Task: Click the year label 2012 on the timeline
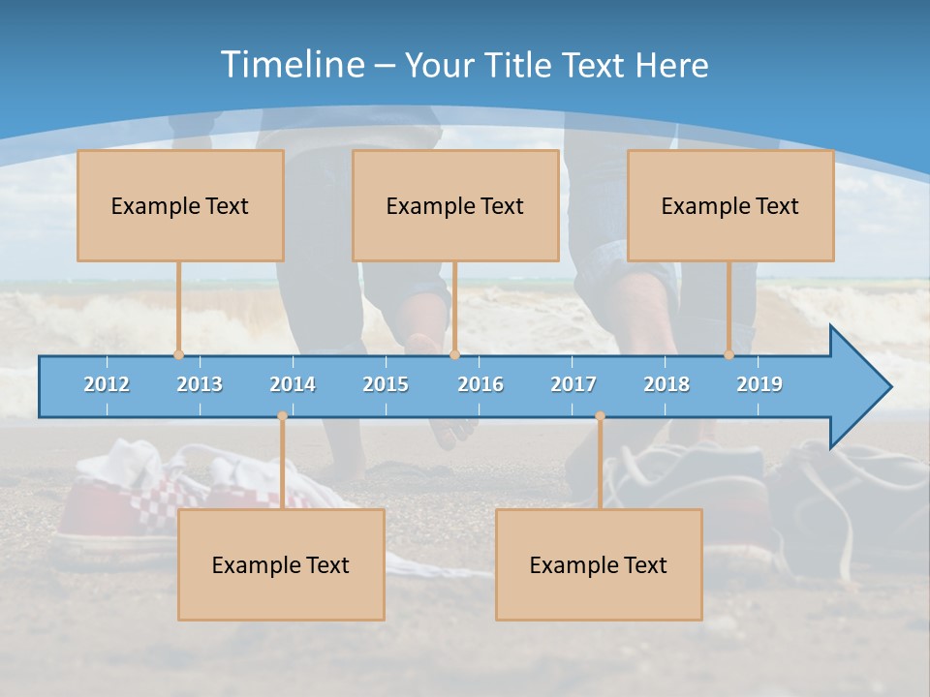click(107, 384)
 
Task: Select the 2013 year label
click(200, 384)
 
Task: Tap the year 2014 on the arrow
click(293, 384)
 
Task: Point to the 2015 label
click(386, 384)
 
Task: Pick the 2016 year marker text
click(480, 384)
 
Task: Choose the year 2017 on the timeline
click(573, 384)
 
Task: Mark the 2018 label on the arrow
click(666, 384)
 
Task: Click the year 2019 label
click(759, 384)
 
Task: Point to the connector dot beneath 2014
click(282, 416)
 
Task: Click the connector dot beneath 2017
click(600, 416)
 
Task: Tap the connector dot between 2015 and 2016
click(454, 354)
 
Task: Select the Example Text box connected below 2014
click(281, 564)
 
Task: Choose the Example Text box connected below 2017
click(599, 564)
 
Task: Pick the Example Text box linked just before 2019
click(730, 205)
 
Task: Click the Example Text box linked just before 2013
click(180, 205)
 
